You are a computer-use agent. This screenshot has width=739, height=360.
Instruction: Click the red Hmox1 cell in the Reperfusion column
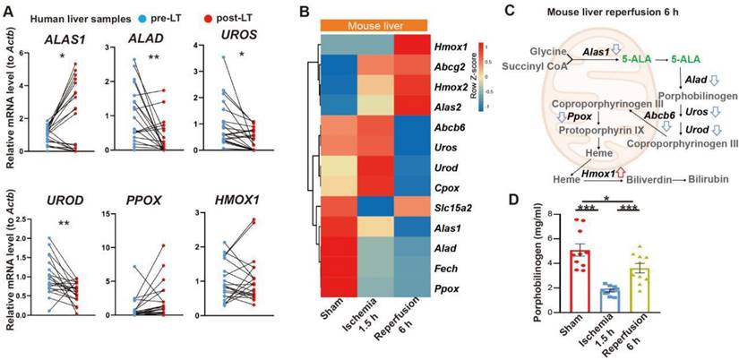point(407,45)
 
